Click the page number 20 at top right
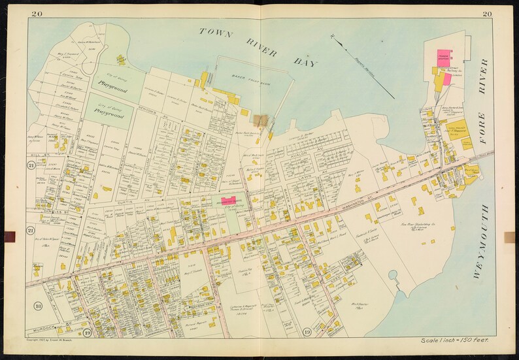(487, 14)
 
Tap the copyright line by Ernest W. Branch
(60, 340)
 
